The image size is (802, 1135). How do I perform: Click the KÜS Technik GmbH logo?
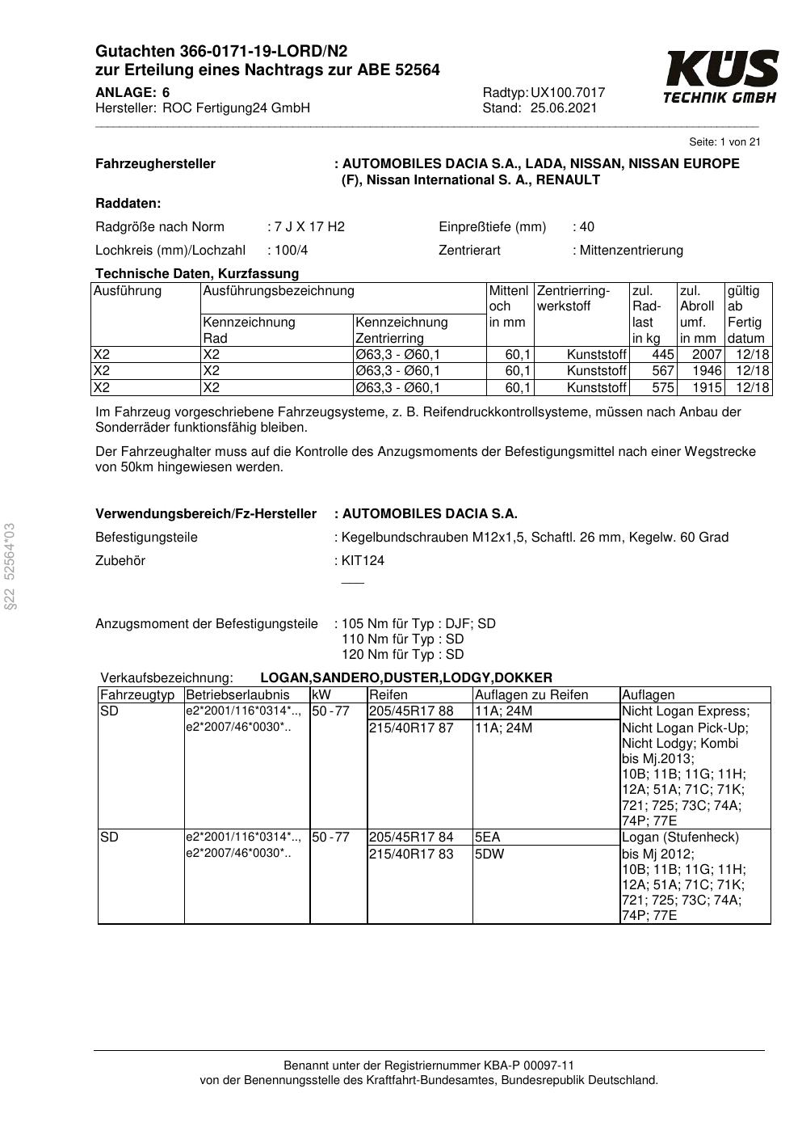pyautogui.click(x=720, y=77)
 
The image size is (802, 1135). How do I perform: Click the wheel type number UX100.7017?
pyautogui.click(x=568, y=93)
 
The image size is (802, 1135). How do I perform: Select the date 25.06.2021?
pyautogui.click(x=564, y=108)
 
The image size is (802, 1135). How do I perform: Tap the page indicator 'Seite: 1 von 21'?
pyautogui.click(x=724, y=142)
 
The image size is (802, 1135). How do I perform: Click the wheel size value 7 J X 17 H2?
pyautogui.click(x=309, y=227)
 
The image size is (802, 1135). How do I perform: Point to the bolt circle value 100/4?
pyautogui.click(x=292, y=251)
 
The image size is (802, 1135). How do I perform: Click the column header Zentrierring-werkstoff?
pyautogui.click(x=573, y=298)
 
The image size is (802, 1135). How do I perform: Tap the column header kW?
pyautogui.click(x=321, y=695)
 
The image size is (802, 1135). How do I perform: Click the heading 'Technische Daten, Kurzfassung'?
pyautogui.click(x=197, y=273)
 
